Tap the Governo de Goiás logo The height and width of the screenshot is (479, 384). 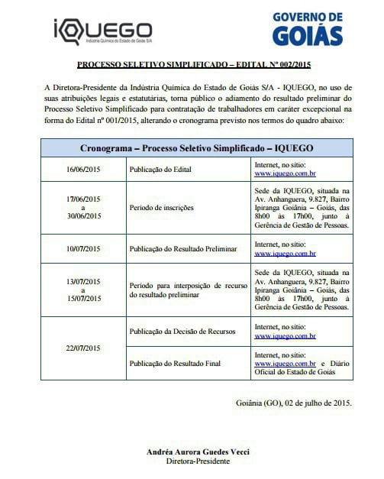(x=308, y=29)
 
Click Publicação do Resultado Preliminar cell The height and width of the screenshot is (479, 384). (x=182, y=250)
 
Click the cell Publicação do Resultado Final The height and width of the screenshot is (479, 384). (x=172, y=363)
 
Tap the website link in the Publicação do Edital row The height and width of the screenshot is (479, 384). (x=285, y=173)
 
